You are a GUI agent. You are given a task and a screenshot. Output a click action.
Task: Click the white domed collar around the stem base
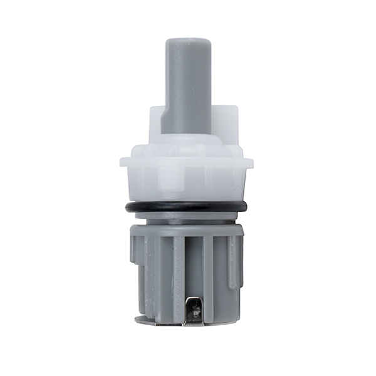[188, 143]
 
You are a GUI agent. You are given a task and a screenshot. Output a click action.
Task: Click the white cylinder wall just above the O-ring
[188, 188]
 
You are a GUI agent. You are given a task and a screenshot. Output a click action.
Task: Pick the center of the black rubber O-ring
[188, 209]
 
